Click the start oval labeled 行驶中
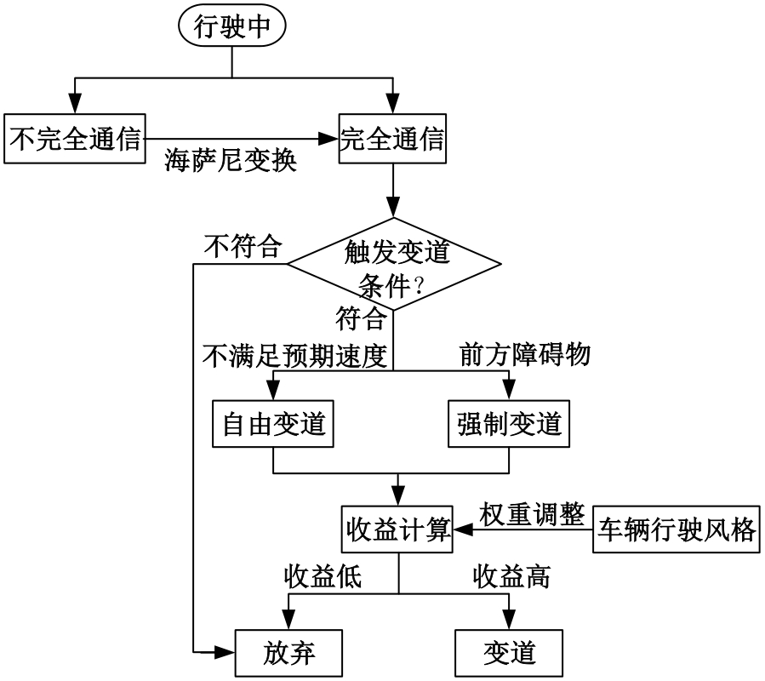click(x=232, y=28)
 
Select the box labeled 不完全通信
click(x=74, y=139)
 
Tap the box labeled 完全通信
click(x=392, y=139)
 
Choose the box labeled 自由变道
click(x=273, y=422)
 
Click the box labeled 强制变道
click(x=509, y=422)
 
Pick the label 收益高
click(x=511, y=577)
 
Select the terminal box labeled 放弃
click(x=289, y=653)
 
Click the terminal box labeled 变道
click(x=509, y=653)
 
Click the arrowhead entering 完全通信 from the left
click(x=333, y=136)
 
